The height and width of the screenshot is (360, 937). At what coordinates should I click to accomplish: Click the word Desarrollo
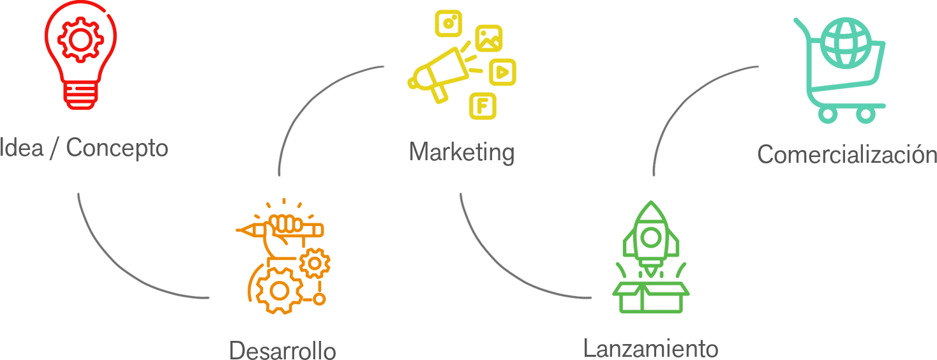pos(282,350)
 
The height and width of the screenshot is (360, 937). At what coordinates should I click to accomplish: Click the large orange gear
pos(279,290)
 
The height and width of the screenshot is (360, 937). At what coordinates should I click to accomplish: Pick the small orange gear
pos(315,262)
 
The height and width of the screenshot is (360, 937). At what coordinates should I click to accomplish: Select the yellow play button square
pos(502,72)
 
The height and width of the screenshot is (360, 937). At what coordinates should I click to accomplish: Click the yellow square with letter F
pos(483,105)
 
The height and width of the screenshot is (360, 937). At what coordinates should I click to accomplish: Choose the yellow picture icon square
pos(489,38)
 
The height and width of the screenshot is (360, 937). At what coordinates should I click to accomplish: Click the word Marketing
pos(461,153)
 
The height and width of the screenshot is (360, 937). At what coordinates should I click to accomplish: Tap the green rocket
pos(650,236)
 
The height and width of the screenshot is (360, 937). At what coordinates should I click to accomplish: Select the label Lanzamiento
pos(650,349)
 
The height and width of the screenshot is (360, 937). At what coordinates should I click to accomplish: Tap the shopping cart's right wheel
pos(866,115)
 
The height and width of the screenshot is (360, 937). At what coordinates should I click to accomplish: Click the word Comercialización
pos(846,154)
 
